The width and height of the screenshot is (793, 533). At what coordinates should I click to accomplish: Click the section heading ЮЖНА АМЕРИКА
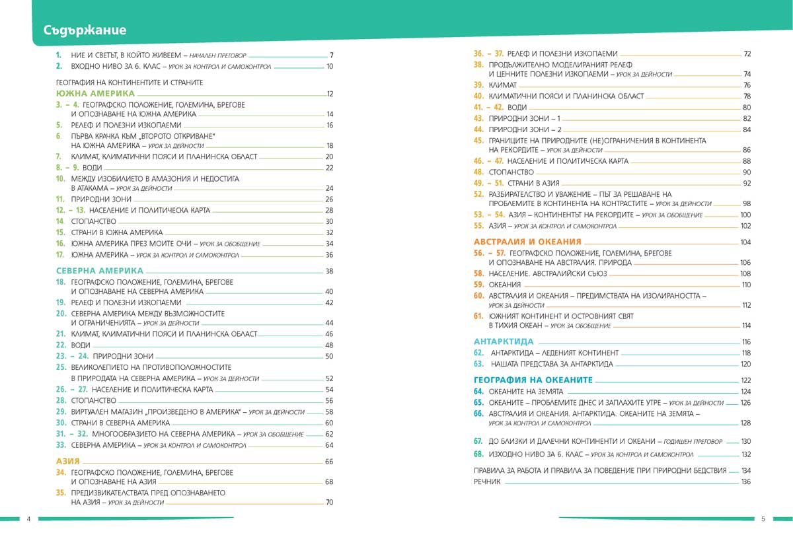pos(95,94)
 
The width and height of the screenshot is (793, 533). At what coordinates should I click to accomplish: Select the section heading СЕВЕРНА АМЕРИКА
pos(100,271)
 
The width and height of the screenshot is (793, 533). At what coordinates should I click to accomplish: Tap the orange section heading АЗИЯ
pos(68,461)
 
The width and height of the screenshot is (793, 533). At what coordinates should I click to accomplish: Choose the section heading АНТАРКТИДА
pos(504,341)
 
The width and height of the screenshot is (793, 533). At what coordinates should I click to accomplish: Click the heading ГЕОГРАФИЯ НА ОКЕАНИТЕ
pos(533,380)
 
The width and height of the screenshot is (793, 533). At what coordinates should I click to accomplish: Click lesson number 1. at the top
pos(59,55)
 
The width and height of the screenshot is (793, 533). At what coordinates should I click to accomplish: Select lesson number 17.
pos(59,255)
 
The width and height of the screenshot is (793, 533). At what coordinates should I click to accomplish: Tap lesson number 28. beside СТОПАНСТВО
pos(60,401)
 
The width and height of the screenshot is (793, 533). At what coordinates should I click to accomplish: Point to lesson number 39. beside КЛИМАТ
pos(479,85)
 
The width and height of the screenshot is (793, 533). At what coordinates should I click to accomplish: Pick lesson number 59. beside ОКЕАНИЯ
pos(479,285)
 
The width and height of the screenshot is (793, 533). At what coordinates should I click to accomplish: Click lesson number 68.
pos(479,454)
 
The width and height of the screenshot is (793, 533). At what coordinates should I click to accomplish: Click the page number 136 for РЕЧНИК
pos(746,482)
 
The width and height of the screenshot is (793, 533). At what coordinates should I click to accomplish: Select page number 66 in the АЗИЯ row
pos(328,461)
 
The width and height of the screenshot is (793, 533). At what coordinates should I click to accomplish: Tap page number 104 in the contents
pos(746,242)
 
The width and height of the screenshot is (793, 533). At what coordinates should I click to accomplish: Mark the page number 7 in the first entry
pos(331,55)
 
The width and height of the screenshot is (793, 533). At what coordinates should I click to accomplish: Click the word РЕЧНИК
pos(487,482)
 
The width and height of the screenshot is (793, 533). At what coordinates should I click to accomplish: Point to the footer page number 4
pos(29,518)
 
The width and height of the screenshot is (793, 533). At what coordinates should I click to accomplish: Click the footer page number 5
pos(763,518)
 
